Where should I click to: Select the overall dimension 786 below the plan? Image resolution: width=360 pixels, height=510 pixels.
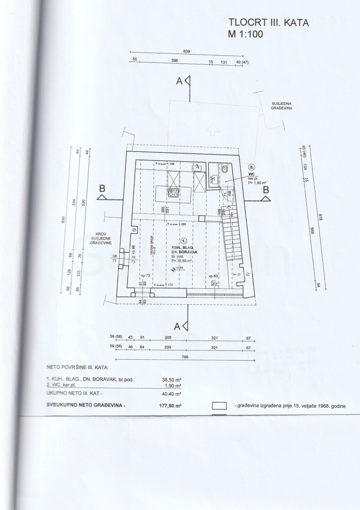pos(185,357)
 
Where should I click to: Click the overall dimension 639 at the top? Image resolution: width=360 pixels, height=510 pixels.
pos(187,52)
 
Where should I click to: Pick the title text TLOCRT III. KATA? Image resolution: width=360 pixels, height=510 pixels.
pos(268,22)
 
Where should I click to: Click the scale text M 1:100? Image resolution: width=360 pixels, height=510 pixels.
pos(245,34)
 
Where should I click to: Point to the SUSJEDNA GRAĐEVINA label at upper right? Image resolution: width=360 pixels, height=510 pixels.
pos(281,106)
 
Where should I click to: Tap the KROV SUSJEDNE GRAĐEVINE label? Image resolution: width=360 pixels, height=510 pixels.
pos(101,238)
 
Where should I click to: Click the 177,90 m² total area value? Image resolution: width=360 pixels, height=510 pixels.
pos(170,406)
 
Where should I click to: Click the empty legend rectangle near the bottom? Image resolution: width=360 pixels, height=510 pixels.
pos(219,406)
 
